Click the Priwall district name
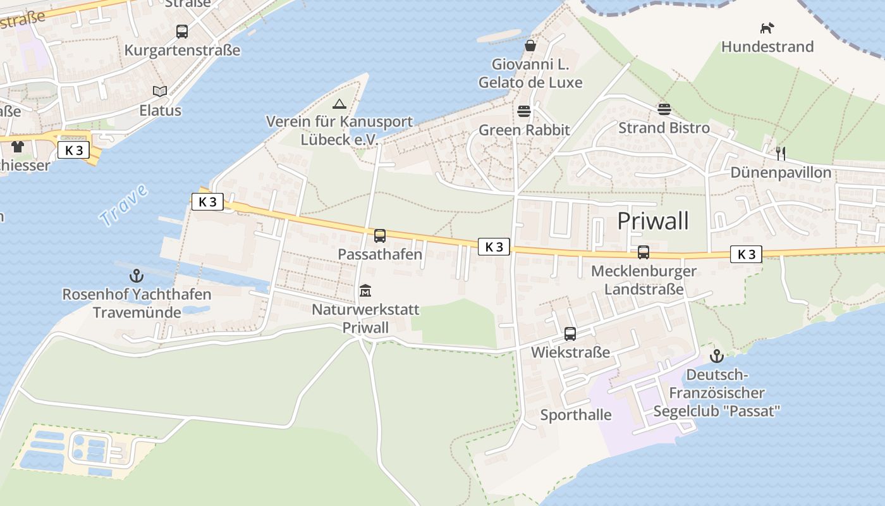click(x=652, y=221)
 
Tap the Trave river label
click(x=123, y=206)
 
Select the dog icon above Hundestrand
click(x=767, y=28)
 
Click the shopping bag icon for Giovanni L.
click(x=530, y=46)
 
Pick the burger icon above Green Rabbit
click(x=524, y=111)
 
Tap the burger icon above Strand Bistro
click(x=664, y=109)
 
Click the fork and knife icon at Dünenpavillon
click(x=781, y=153)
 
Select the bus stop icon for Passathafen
click(x=379, y=235)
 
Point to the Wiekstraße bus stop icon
click(x=570, y=333)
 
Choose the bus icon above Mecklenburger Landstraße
click(x=644, y=252)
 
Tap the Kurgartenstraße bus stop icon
click(x=182, y=31)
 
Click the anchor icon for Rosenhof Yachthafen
click(x=136, y=276)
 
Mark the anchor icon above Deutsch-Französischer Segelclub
click(x=716, y=355)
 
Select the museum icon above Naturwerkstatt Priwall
click(x=365, y=291)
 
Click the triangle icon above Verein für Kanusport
click(x=339, y=103)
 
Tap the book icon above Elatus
click(x=160, y=92)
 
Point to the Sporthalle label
click(x=576, y=415)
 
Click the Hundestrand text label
click(x=767, y=47)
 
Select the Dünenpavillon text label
click(x=781, y=173)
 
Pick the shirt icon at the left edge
click(x=17, y=147)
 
